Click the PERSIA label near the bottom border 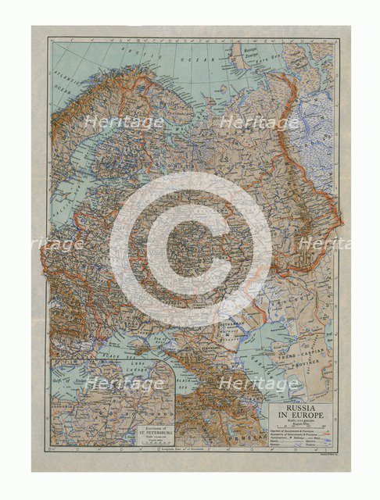[x=243, y=438]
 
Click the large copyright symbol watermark [x=190, y=248]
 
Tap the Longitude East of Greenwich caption [x=190, y=450]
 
